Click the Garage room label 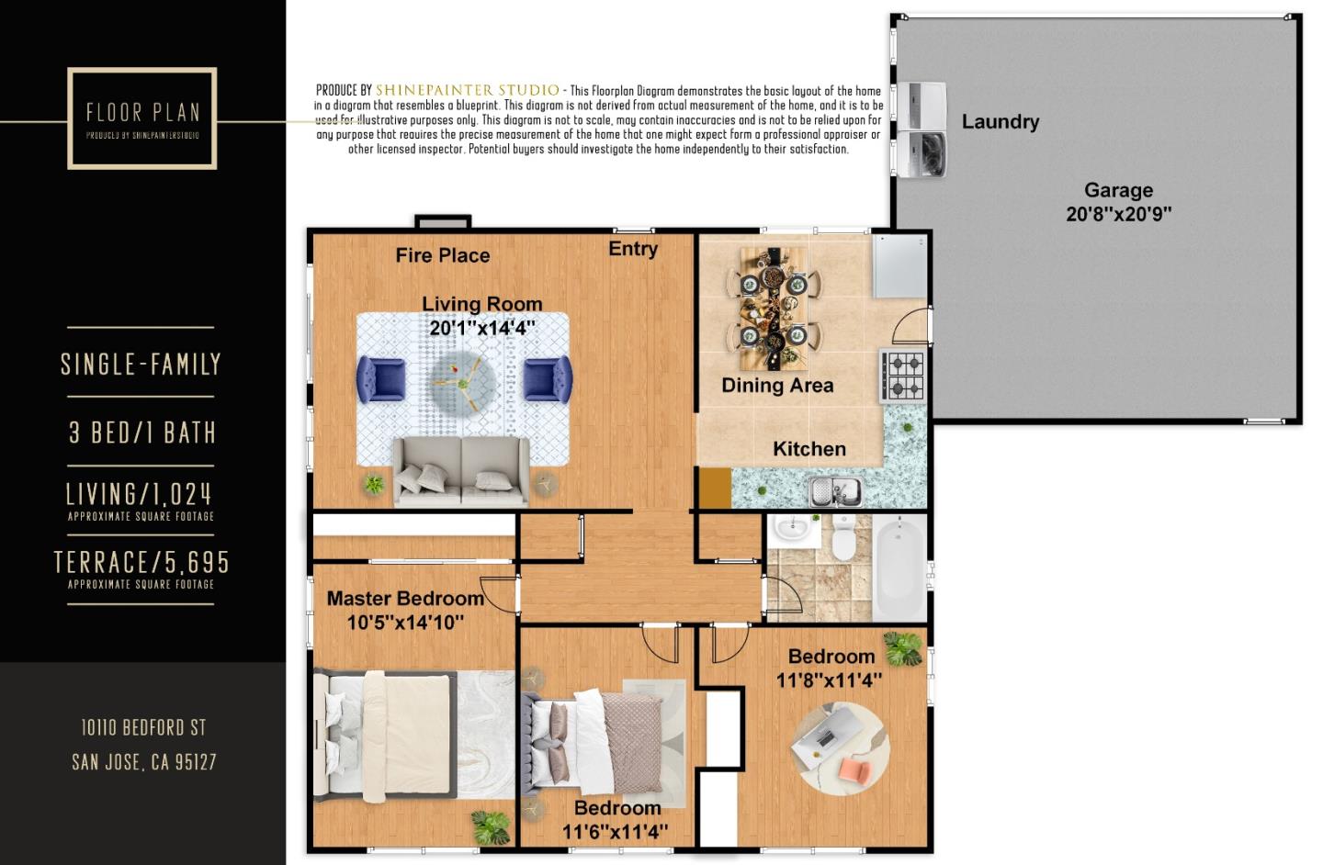1118,190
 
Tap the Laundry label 1000,121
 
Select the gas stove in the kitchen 903,376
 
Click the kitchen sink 835,492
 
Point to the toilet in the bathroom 843,536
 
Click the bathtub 899,567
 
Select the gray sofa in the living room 460,471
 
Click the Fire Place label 443,255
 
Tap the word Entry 633,249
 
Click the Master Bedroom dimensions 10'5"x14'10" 405,623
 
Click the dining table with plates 774,307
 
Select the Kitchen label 809,449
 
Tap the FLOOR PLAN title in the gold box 143,112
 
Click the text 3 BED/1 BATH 142,432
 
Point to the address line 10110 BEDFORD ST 143,727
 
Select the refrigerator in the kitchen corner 899,267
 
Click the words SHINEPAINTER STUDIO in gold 467,90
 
